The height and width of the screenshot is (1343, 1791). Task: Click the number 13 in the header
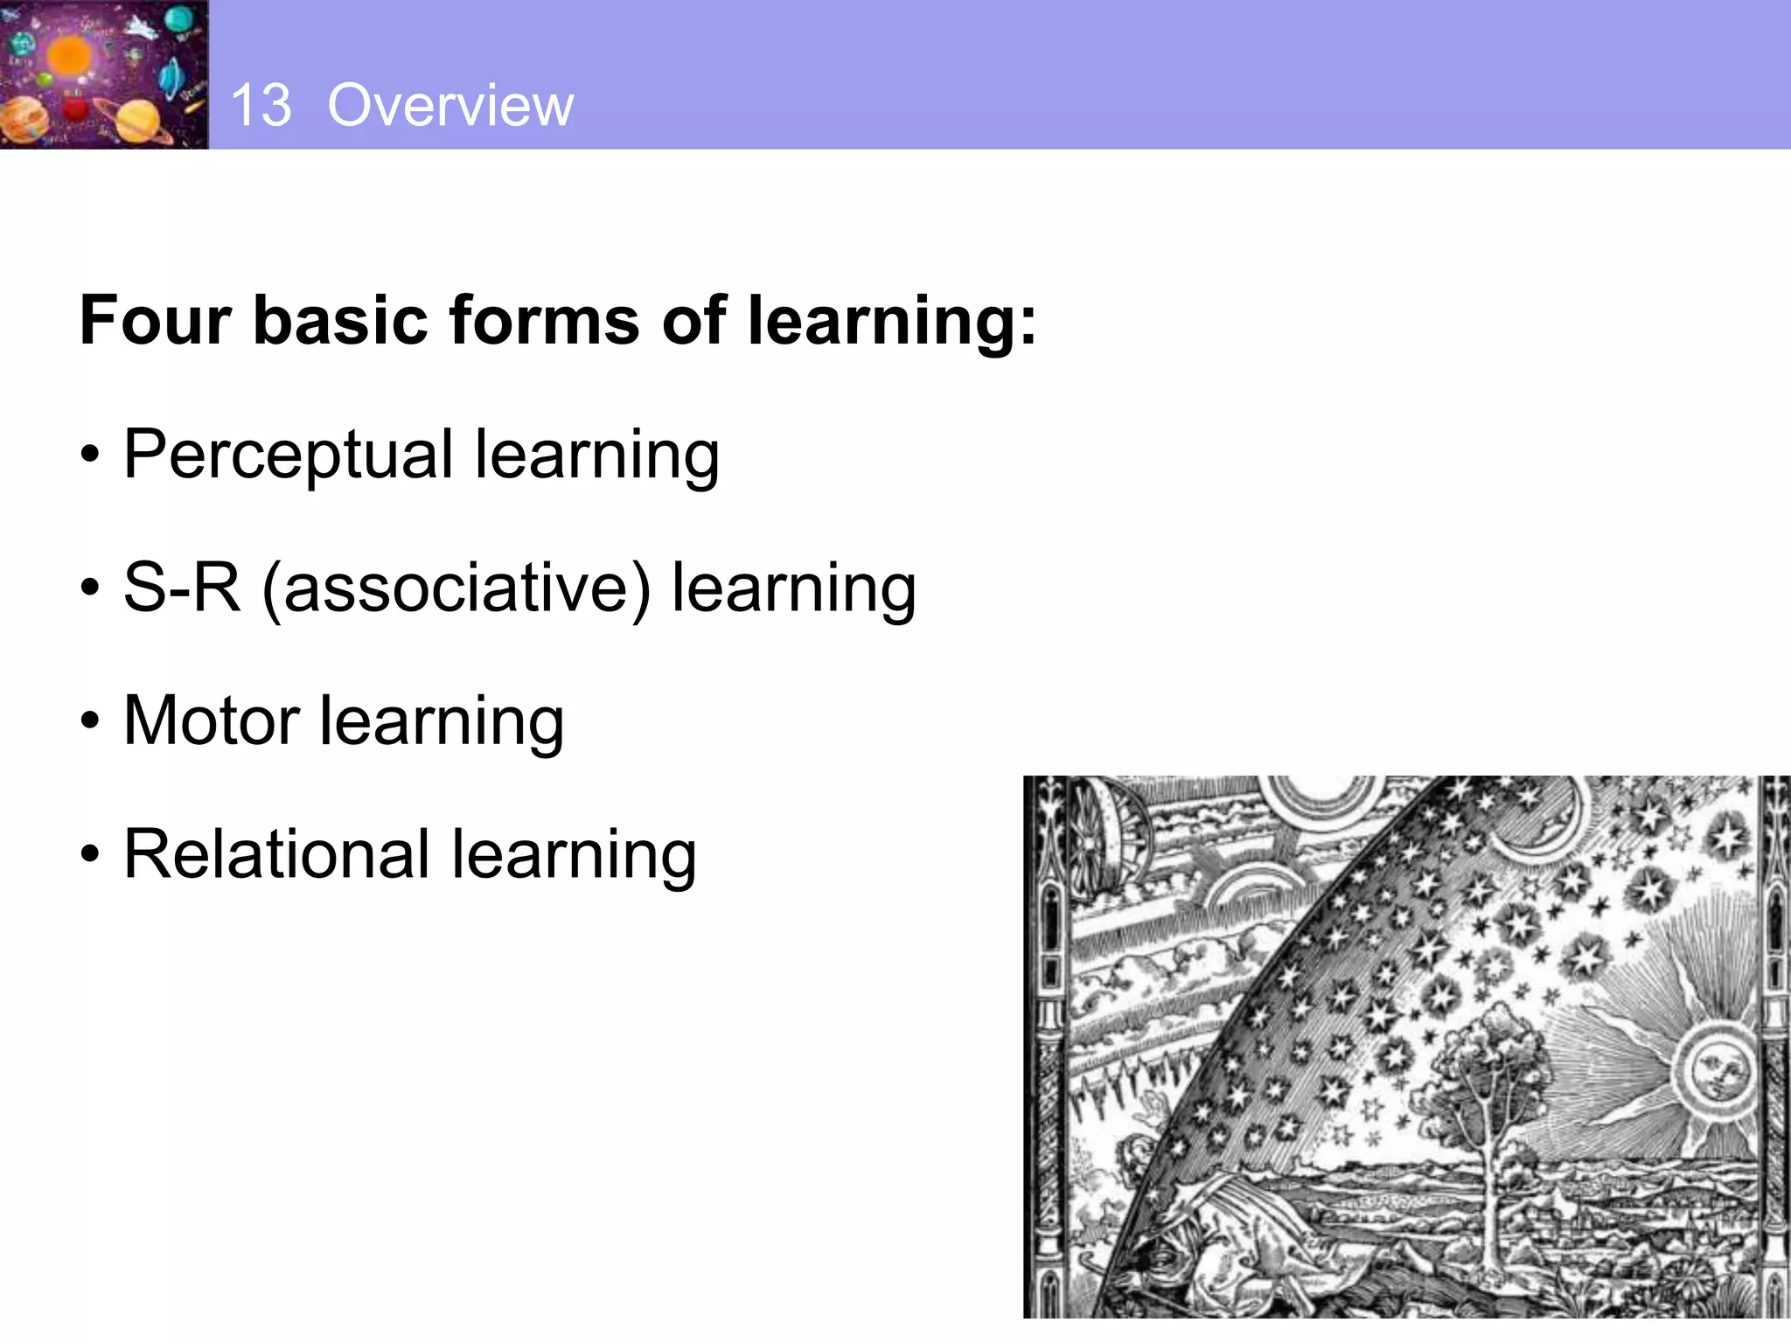pos(261,106)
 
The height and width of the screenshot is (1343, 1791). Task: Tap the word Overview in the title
pos(450,106)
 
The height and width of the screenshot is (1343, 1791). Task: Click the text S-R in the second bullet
pos(182,588)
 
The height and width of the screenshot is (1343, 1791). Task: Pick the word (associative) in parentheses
pos(456,589)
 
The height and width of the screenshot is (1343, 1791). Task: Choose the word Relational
pos(275,854)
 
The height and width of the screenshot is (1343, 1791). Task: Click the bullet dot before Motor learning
pos(90,722)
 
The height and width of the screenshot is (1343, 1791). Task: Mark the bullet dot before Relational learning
pos(90,855)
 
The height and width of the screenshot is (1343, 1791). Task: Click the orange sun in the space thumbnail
pos(68,54)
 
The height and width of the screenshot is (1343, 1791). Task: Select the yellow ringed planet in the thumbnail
pos(136,118)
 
